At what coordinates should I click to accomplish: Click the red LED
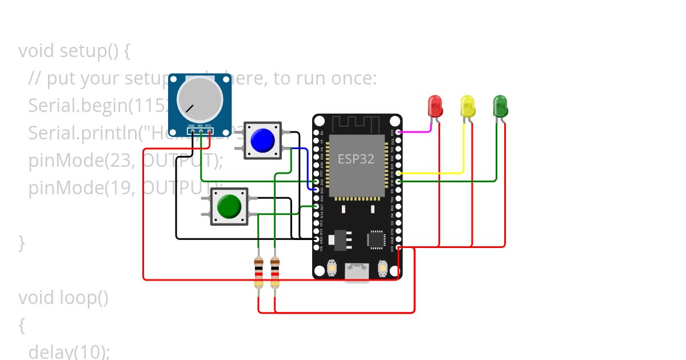(x=435, y=106)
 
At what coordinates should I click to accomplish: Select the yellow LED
(x=468, y=106)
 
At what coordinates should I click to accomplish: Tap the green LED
(x=500, y=106)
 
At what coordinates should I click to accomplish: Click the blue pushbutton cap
(x=262, y=141)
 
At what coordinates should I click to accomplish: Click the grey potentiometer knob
(x=200, y=98)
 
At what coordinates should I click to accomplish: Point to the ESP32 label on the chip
(x=356, y=159)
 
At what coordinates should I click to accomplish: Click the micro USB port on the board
(x=357, y=273)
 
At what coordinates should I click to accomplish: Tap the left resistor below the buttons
(x=258, y=273)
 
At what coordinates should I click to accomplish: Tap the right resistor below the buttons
(x=275, y=273)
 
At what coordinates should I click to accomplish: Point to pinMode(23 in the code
(x=80, y=161)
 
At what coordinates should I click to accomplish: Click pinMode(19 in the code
(x=80, y=188)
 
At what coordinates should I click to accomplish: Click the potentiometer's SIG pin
(x=201, y=131)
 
